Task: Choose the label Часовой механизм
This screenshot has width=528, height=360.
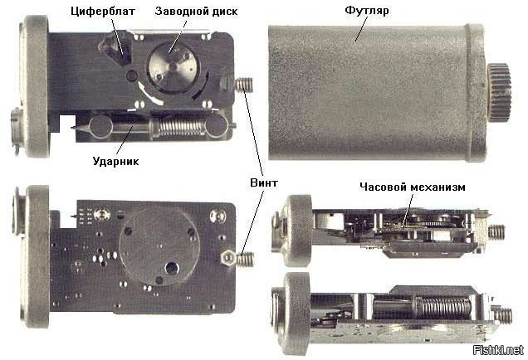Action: pos(413,187)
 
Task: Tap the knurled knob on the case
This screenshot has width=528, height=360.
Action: pos(501,92)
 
